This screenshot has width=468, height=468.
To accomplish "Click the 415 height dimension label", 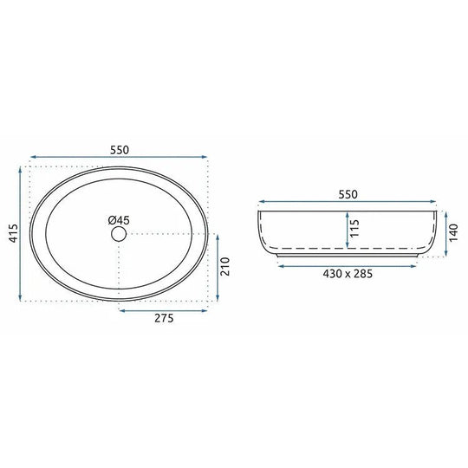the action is click(x=13, y=233).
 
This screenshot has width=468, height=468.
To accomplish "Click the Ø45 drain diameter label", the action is click(x=119, y=220).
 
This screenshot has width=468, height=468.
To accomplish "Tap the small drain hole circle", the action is click(x=119, y=234).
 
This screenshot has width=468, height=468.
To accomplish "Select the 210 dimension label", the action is click(x=225, y=266).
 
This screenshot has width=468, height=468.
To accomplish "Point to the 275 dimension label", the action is click(x=164, y=318).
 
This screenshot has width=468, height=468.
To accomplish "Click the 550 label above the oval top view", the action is click(x=120, y=150).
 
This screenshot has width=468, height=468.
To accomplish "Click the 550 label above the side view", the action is click(x=348, y=195).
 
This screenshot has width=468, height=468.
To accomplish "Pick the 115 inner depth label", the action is click(x=354, y=229).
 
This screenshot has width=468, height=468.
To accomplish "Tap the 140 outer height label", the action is click(x=453, y=233).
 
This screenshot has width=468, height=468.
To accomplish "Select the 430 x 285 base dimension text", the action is click(x=348, y=273).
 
